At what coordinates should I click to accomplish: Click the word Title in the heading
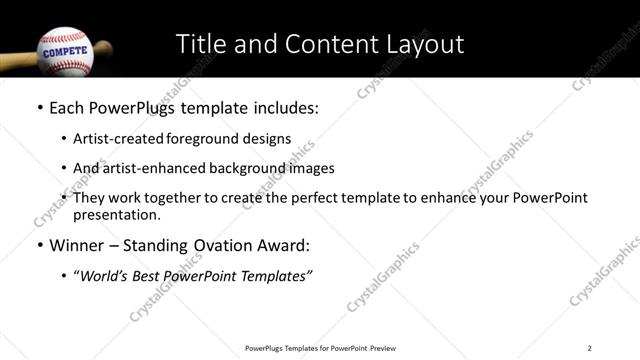pos(199,44)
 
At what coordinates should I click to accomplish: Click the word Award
pos(284,246)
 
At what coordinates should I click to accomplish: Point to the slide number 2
pos(590,348)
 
